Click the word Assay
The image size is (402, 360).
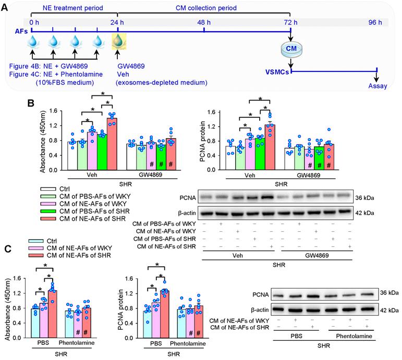377,85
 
